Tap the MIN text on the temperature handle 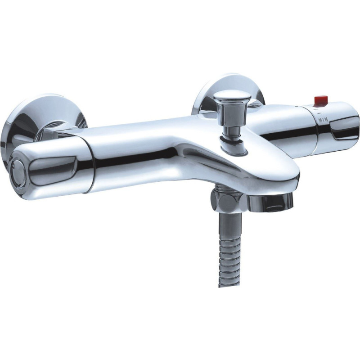tap(323, 120)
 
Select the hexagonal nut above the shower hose tap(226, 202)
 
